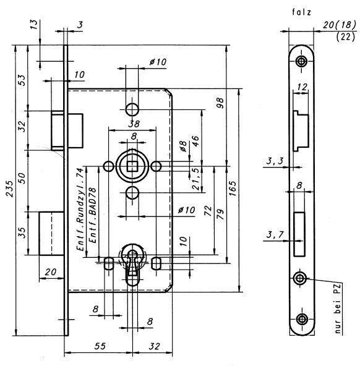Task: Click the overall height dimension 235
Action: pyautogui.click(x=10, y=189)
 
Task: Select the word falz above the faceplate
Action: pyautogui.click(x=301, y=12)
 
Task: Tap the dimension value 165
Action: pyautogui.click(x=233, y=189)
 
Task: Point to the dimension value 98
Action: pyautogui.click(x=220, y=103)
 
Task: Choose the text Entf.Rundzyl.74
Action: pyautogui.click(x=80, y=209)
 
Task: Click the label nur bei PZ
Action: pyautogui.click(x=338, y=309)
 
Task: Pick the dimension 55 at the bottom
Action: pyautogui.click(x=100, y=346)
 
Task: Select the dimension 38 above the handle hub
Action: pyautogui.click(x=134, y=124)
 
